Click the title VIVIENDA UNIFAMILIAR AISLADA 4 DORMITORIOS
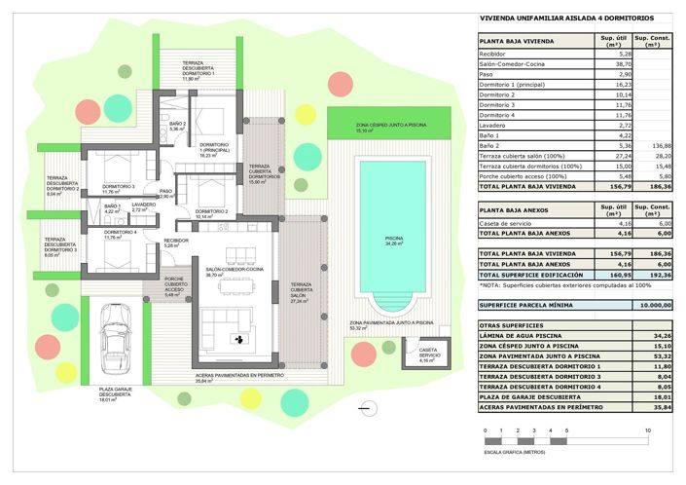tap(567, 19)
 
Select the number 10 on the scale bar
tap(647, 429)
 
